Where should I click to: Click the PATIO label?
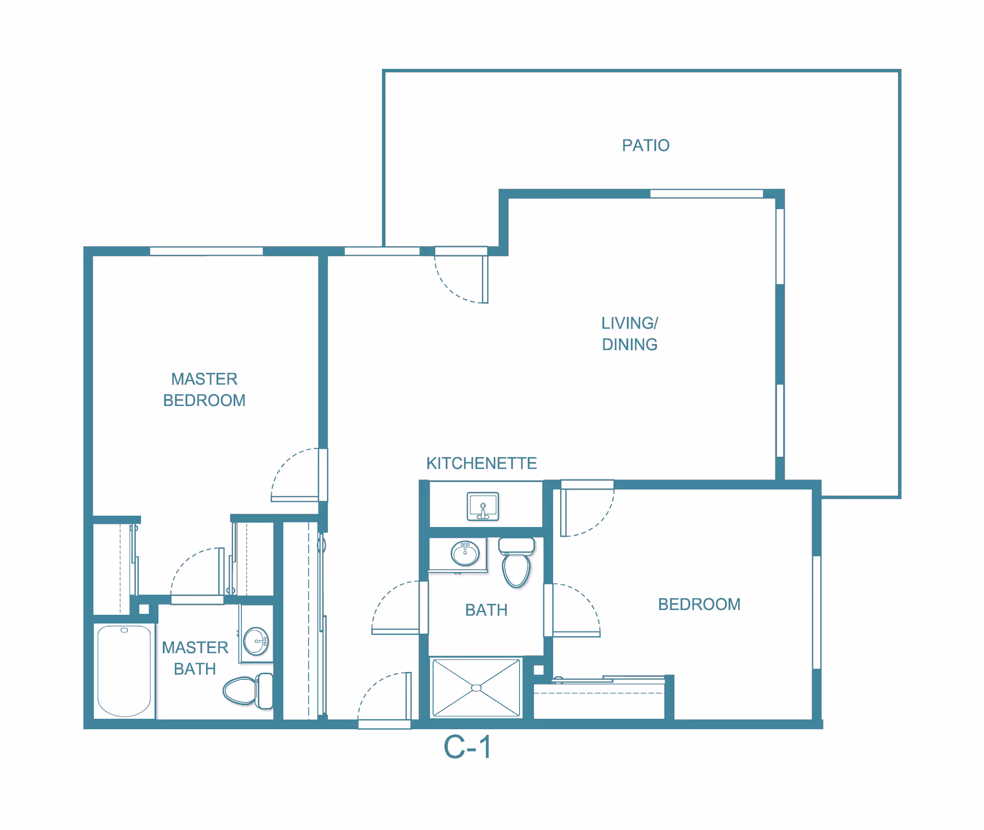click(645, 146)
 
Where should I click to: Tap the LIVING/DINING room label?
click(629, 334)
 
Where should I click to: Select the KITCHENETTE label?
click(481, 463)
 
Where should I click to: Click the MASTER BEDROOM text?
click(204, 390)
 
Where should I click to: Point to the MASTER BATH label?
click(195, 658)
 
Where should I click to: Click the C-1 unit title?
click(467, 747)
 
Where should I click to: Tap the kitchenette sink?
click(483, 506)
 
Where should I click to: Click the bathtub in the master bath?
click(125, 671)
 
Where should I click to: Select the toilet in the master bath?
click(248, 691)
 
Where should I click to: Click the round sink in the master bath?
click(256, 641)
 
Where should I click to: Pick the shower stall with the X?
click(476, 688)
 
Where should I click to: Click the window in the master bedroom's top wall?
click(206, 251)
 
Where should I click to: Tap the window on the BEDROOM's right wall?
click(816, 612)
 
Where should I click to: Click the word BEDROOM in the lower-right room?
click(699, 604)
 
